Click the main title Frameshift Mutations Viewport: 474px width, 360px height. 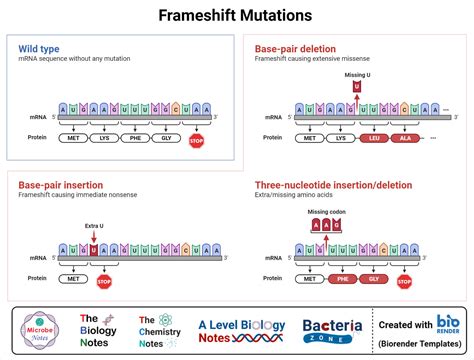(237, 16)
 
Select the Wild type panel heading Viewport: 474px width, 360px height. (39, 49)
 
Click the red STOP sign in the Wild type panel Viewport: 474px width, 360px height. (195, 141)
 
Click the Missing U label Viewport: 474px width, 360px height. (357, 75)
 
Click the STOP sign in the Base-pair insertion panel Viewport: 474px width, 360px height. (103, 281)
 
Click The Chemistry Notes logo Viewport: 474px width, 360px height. (160, 330)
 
